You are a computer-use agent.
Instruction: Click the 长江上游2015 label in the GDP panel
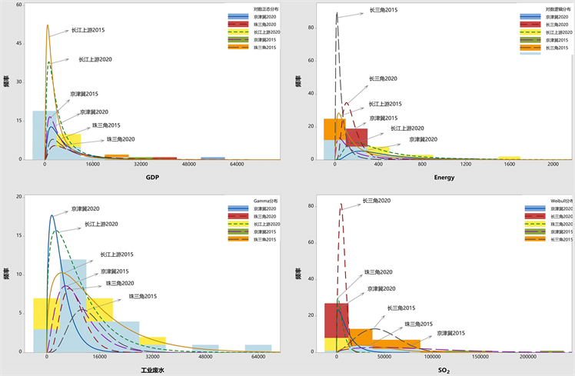pos(88,31)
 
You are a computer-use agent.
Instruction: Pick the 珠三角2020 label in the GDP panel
pos(118,139)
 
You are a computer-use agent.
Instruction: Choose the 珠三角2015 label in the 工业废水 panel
pos(143,296)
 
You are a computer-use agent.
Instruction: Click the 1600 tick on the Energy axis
pos(509,165)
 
